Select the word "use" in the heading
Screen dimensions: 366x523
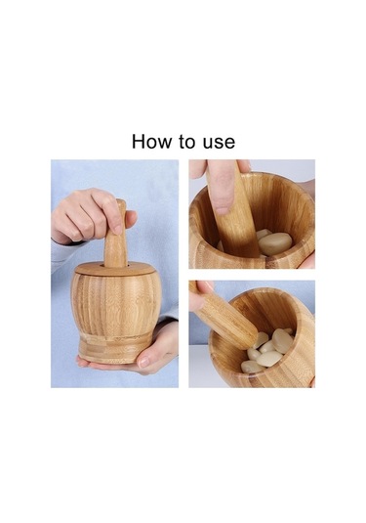(x=219, y=144)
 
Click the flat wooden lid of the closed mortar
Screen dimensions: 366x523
(x=115, y=269)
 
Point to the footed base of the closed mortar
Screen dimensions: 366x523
(x=115, y=349)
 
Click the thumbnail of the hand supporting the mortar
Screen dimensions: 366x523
(x=144, y=361)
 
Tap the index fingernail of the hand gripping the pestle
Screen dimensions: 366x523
(x=117, y=229)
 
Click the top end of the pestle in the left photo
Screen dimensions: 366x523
(x=121, y=201)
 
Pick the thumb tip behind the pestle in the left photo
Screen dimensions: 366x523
(x=131, y=218)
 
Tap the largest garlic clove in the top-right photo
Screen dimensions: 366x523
(x=275, y=243)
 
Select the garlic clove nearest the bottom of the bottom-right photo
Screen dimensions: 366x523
(x=251, y=367)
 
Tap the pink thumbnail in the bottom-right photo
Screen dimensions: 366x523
(x=208, y=285)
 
